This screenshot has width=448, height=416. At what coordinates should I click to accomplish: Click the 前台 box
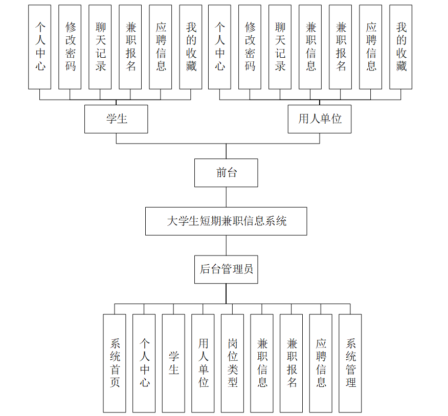[226, 173]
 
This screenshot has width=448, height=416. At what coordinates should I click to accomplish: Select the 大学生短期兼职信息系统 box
[226, 221]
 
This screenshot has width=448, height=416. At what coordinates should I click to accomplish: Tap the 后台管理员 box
[226, 269]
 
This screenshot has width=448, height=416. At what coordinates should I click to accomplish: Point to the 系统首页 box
[115, 363]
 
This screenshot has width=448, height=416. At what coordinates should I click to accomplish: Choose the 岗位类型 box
[232, 363]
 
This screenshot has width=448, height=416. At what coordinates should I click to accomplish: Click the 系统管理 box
[350, 363]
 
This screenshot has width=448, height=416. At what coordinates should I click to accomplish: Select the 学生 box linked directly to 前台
[116, 119]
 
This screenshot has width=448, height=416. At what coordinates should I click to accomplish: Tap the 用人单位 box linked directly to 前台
[320, 119]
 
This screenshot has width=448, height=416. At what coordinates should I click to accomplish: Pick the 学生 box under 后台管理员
[173, 363]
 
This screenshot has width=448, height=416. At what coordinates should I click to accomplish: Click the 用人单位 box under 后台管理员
[203, 363]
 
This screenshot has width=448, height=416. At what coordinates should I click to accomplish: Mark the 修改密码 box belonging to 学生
[70, 47]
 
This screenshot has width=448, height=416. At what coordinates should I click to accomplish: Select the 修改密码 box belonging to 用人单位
[250, 47]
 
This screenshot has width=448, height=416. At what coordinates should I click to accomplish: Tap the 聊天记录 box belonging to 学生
[100, 47]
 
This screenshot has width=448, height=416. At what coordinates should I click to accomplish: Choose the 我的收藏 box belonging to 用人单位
[401, 47]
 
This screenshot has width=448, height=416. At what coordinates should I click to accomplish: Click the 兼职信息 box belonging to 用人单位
[310, 47]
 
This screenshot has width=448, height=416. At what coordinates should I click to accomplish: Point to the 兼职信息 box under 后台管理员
[262, 363]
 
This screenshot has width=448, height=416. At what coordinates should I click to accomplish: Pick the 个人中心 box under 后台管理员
[144, 363]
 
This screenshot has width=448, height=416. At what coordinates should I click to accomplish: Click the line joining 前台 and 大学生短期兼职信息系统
[226, 197]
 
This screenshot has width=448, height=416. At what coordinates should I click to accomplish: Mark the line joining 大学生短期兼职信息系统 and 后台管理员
[226, 245]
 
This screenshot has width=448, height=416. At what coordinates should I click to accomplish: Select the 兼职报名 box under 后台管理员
[292, 363]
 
